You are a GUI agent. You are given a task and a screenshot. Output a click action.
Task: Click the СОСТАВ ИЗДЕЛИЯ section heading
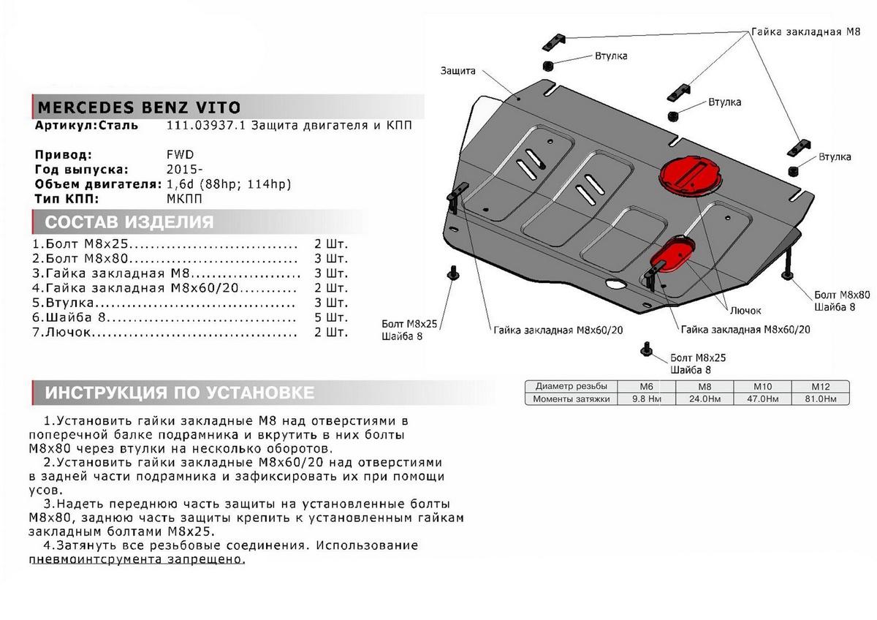pos(129,222)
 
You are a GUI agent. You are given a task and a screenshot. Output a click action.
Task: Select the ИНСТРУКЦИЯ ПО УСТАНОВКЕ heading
pos(180,393)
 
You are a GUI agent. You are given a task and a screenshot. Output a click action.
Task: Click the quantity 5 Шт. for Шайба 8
pos(331,318)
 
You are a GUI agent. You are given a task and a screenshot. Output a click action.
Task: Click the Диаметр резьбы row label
pos(571,387)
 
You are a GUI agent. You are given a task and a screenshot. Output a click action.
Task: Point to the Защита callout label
pos(458,71)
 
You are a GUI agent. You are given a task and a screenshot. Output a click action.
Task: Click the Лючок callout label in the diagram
pos(745,310)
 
